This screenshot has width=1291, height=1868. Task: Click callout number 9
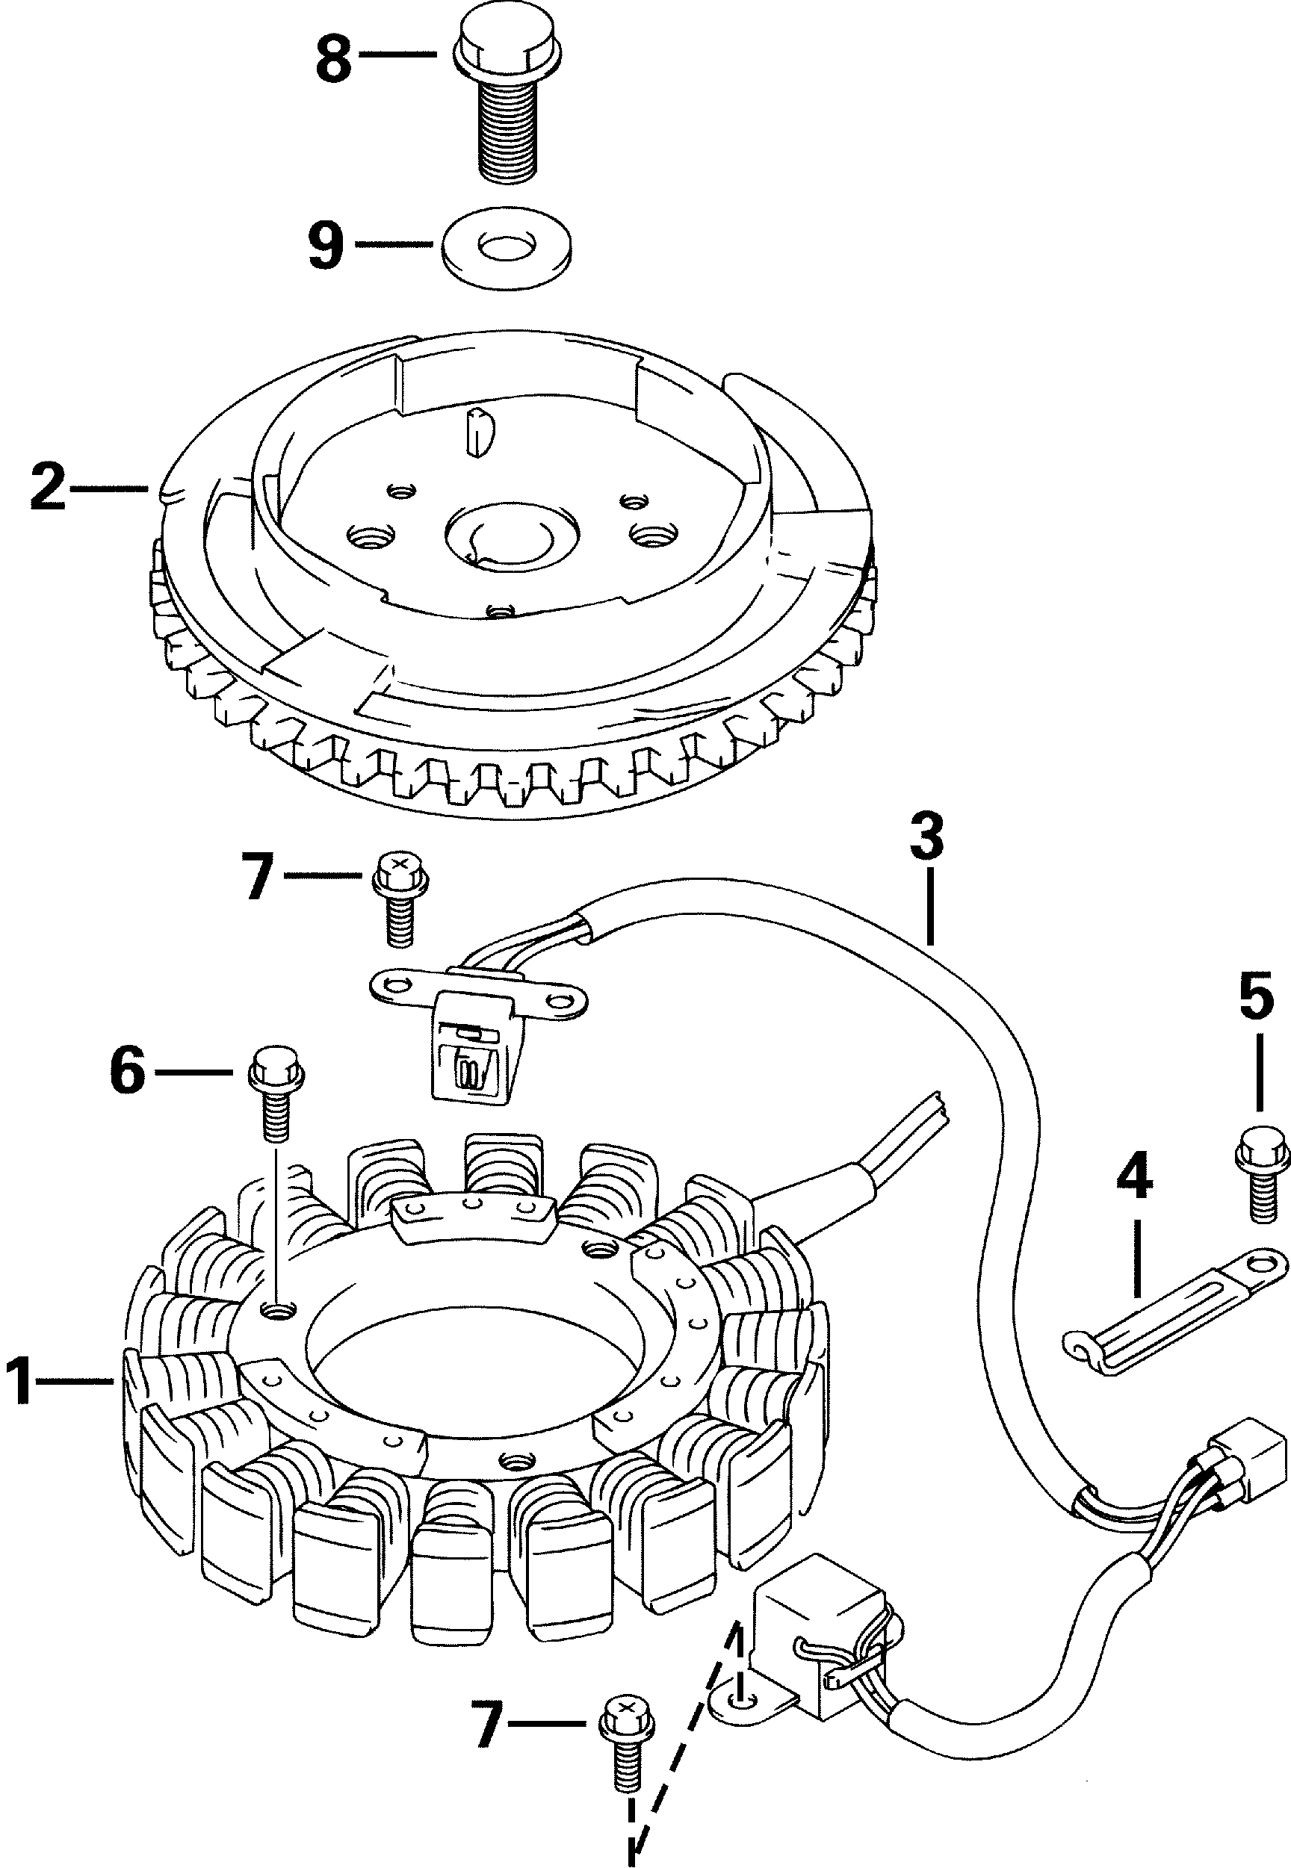(326, 244)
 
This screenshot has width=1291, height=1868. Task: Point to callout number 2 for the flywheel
(49, 487)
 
